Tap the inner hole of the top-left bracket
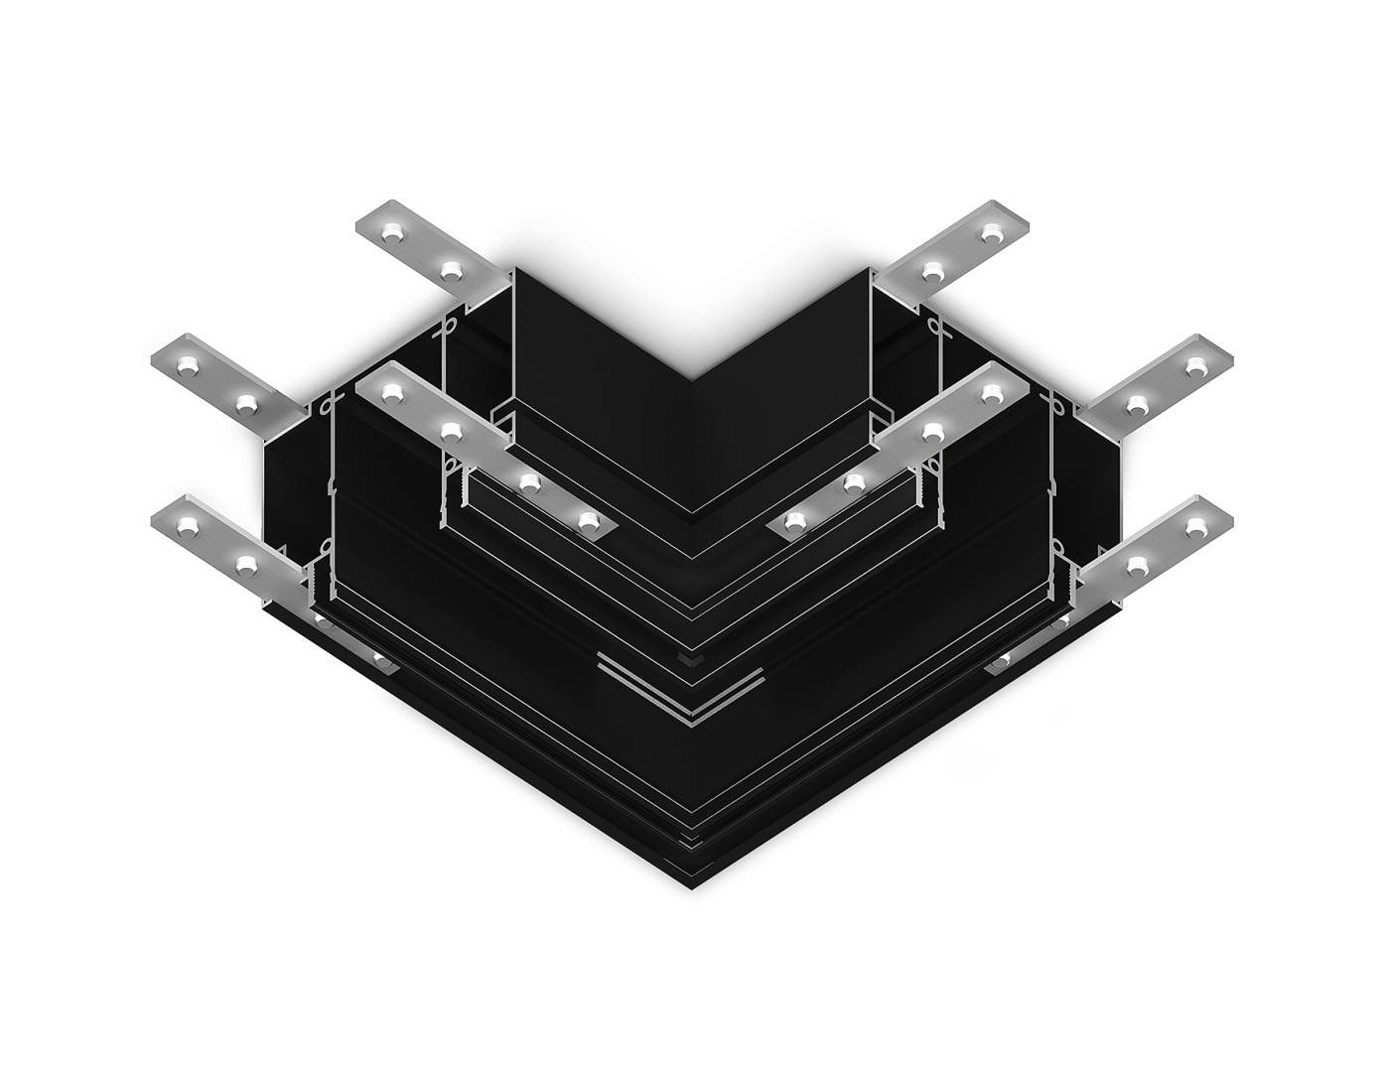[x=453, y=269]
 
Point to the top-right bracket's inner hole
[x=931, y=269]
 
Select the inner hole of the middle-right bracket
[x=1139, y=403]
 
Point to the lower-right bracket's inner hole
[x=1139, y=565]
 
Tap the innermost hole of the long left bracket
[x=590, y=518]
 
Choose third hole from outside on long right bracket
[x=854, y=482]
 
